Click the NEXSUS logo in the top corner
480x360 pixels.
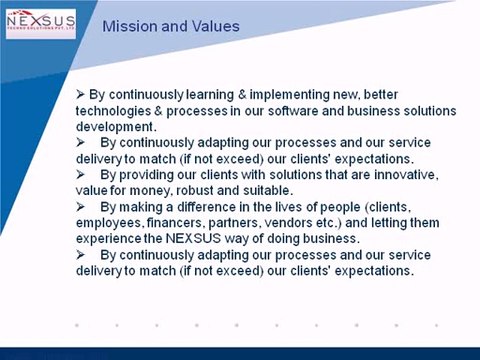[40, 23]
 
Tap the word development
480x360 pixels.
[114, 127]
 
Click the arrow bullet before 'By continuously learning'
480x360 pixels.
[80, 94]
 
